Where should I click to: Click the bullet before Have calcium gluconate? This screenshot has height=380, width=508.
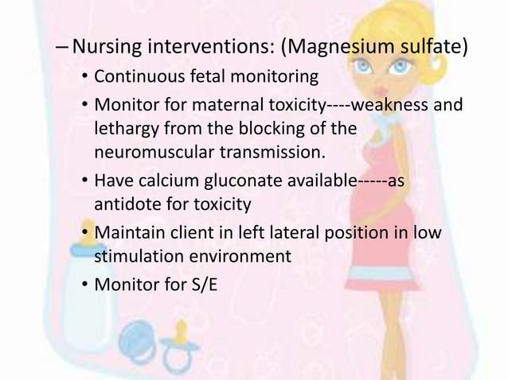pyautogui.click(x=84, y=182)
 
